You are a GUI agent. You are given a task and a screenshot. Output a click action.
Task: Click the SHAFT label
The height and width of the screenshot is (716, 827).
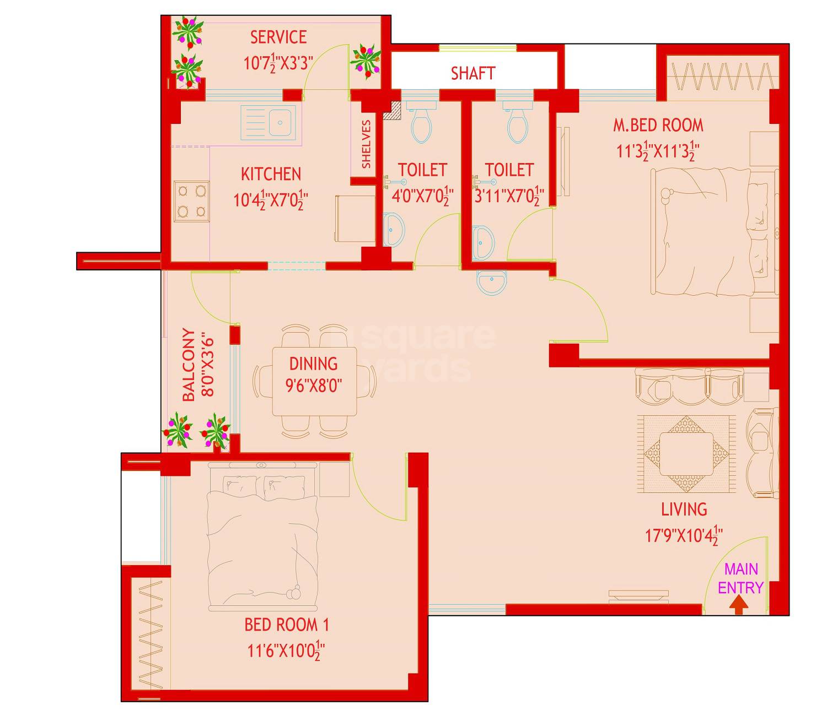click(472, 73)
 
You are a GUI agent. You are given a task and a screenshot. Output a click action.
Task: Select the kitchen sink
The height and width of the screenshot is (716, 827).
click(268, 121)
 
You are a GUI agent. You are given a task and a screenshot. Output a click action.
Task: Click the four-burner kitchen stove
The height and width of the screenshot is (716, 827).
click(191, 201)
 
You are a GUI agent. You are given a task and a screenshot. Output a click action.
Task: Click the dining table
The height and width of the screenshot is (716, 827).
click(314, 381)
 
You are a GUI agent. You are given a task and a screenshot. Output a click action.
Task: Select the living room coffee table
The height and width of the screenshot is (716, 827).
click(686, 453)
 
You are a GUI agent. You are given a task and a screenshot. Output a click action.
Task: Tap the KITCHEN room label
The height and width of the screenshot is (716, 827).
click(271, 174)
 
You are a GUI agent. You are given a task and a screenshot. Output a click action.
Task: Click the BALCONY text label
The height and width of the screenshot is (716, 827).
click(189, 365)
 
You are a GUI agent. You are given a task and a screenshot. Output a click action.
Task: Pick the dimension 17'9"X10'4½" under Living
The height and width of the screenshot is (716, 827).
click(684, 535)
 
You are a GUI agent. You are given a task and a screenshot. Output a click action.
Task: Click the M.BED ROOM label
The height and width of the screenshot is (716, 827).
click(658, 125)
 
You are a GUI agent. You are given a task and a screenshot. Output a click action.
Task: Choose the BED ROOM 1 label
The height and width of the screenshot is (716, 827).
click(286, 625)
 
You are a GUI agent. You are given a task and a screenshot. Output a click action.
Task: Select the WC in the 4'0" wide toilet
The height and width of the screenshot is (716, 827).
click(422, 123)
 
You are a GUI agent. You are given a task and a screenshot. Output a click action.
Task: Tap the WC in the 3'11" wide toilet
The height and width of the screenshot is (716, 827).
click(517, 123)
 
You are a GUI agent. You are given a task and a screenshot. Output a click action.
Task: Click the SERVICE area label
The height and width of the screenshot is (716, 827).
click(278, 37)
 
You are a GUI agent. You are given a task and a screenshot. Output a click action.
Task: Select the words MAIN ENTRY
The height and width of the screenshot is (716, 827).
click(740, 578)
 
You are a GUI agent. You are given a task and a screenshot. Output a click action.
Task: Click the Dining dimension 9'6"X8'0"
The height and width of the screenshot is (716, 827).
click(313, 385)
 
